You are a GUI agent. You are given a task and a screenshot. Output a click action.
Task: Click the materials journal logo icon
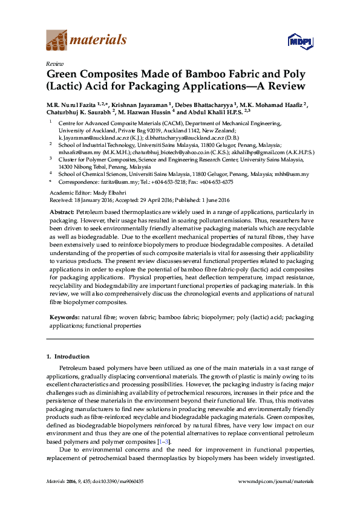tap(57, 41)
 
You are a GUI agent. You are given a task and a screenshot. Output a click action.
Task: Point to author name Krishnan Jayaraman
tap(136, 105)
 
